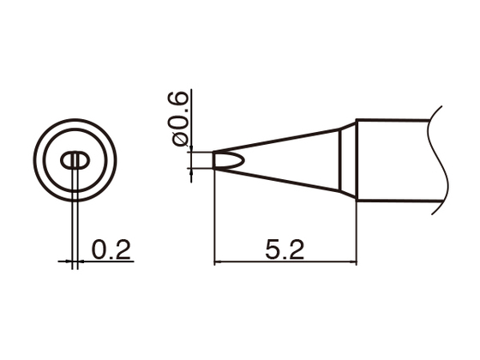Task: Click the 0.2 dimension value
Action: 110,250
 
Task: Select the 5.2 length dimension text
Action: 286,250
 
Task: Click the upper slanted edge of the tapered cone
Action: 283,140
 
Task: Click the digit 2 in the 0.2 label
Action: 122,250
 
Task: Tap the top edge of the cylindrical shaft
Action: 394,120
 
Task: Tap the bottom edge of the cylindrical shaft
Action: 394,202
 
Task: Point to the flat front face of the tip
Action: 213,160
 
